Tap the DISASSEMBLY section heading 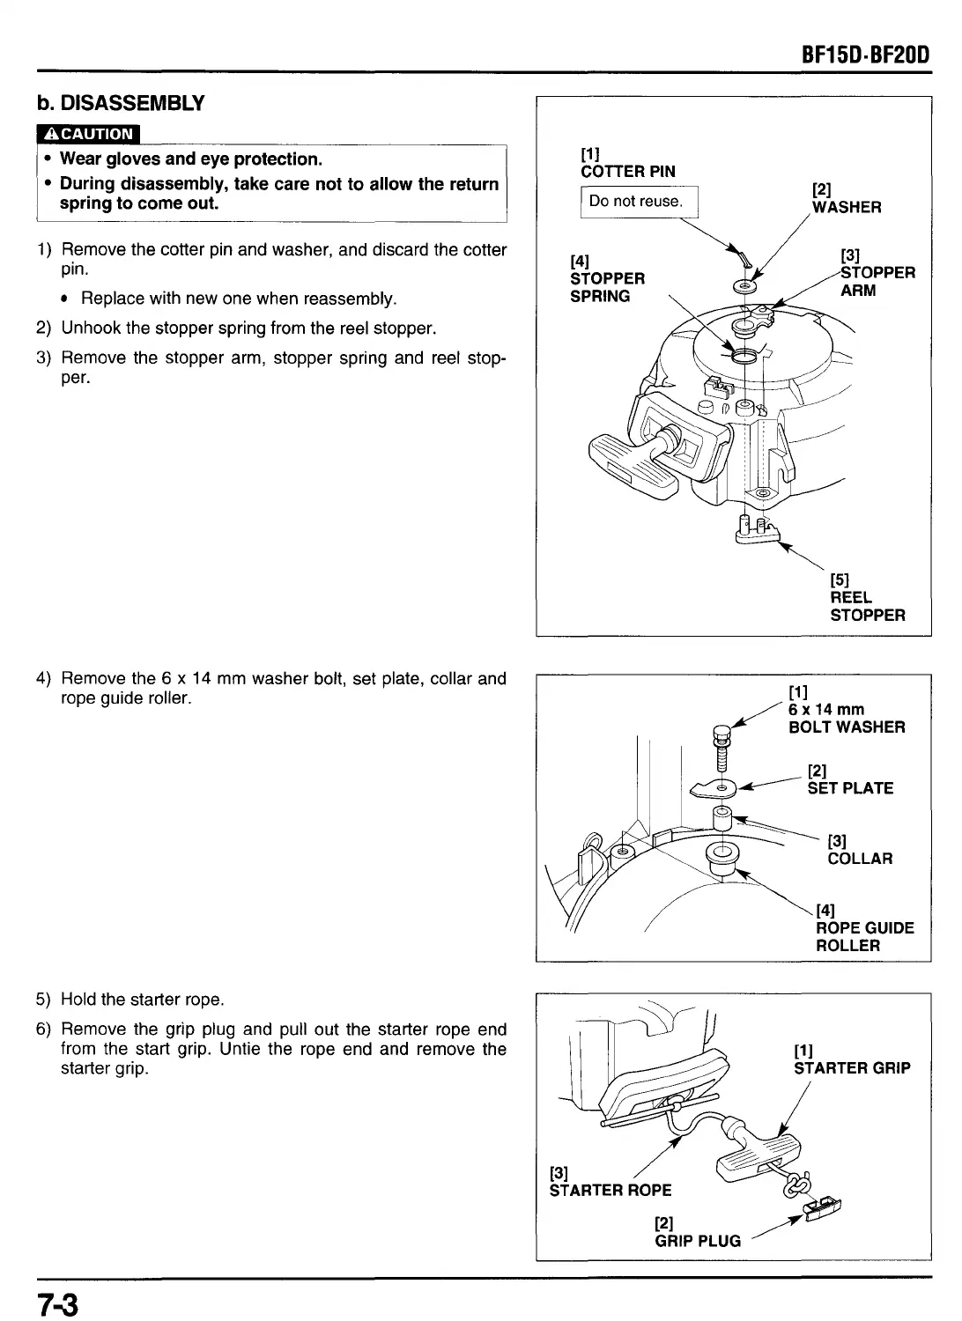coord(121,103)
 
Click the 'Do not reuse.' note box coord(637,201)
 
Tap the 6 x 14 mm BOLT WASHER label coord(846,718)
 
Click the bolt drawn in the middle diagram coord(722,744)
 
